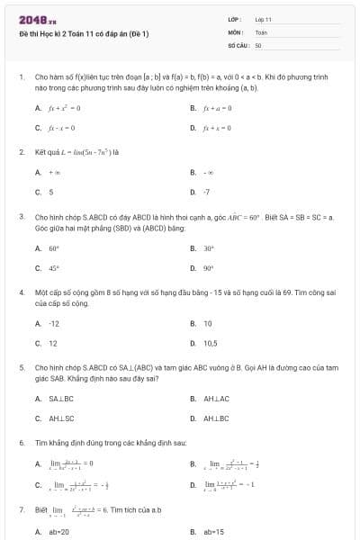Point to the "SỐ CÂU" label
(x=238, y=43)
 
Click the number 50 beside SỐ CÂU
(x=258, y=43)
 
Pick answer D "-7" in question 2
(x=206, y=192)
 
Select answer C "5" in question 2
(x=50, y=192)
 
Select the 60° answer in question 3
(x=53, y=247)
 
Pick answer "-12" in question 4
(x=54, y=323)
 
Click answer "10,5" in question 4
(x=210, y=343)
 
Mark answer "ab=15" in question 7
(x=213, y=532)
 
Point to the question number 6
(x=21, y=444)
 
